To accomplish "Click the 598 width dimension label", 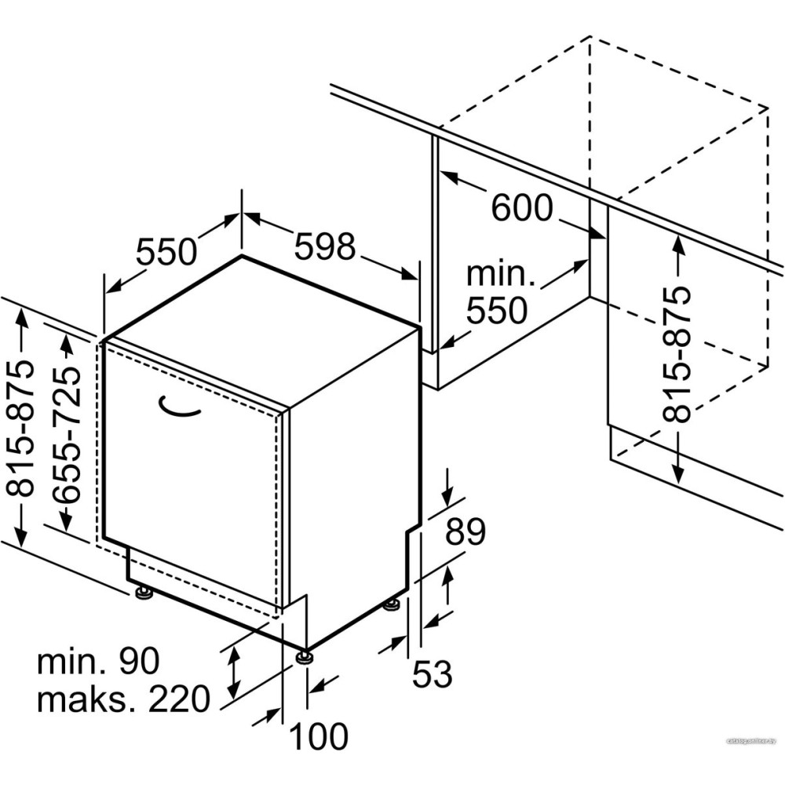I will (326, 247).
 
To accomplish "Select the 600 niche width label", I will (522, 208).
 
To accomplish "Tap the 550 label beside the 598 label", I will (166, 252).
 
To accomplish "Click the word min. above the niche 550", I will (500, 275).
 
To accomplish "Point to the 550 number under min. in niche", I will (497, 312).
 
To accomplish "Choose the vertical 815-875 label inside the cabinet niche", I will (677, 354).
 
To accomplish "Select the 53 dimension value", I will (433, 674).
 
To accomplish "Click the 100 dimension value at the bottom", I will (319, 736).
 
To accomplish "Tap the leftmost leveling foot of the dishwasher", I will (144, 593).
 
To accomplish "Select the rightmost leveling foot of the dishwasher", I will (392, 604).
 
